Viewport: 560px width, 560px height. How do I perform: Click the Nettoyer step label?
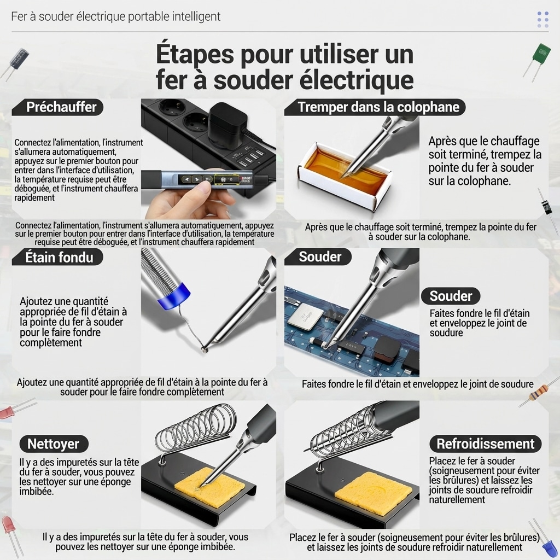tap(54, 444)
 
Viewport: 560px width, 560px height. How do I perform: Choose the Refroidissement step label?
tap(486, 444)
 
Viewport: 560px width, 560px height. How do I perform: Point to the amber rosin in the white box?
tap(343, 170)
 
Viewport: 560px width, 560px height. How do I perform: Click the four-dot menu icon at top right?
tap(543, 19)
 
